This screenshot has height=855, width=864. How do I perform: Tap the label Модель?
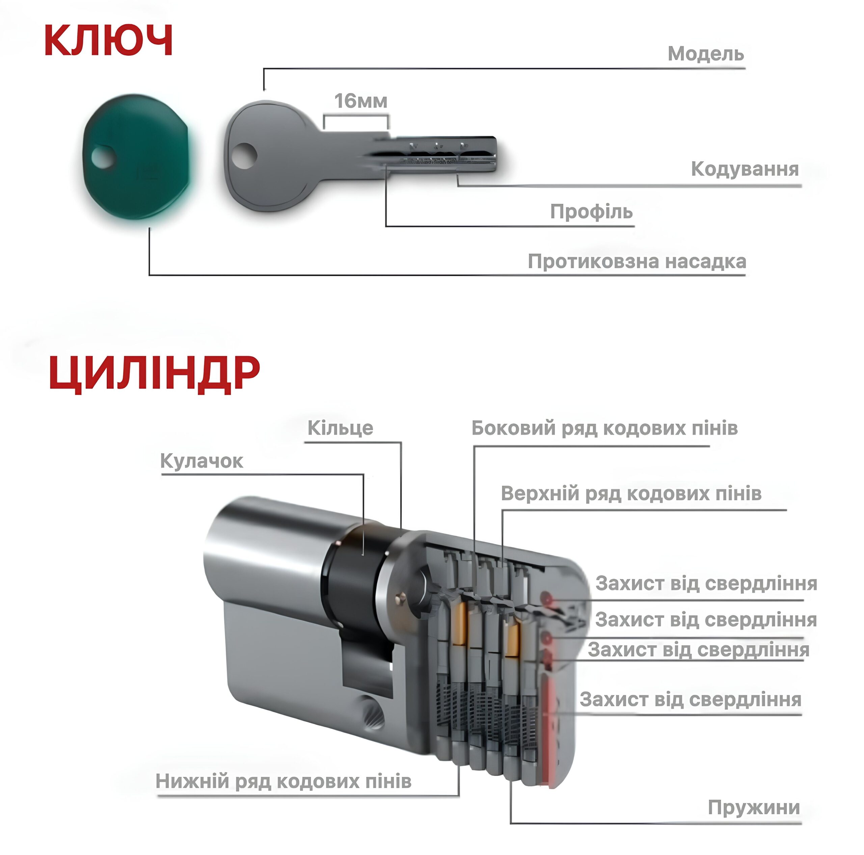[x=706, y=54]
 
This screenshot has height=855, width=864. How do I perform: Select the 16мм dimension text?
[x=361, y=101]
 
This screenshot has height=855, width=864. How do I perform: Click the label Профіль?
[x=591, y=212]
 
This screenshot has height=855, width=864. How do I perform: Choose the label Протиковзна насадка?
[x=637, y=262]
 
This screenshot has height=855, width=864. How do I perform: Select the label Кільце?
[x=340, y=428]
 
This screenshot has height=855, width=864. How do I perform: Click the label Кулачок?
[x=202, y=461]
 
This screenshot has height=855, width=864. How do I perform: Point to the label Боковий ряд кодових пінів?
[x=604, y=428]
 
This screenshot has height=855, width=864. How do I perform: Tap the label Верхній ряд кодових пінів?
[x=631, y=493]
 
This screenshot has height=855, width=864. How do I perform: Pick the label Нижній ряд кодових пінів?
[x=283, y=781]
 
